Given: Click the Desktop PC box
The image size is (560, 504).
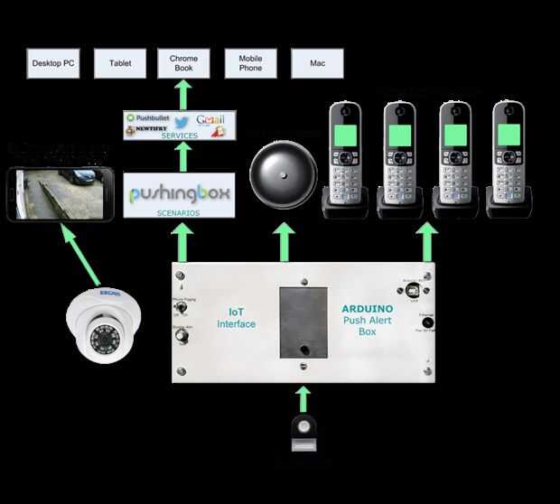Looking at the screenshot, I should (x=53, y=63).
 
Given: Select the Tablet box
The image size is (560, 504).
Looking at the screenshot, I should (x=120, y=63).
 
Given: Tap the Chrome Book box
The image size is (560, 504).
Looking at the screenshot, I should (x=183, y=63).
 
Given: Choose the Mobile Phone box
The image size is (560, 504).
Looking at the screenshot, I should (x=250, y=63).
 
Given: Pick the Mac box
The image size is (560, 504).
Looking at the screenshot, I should (x=317, y=63).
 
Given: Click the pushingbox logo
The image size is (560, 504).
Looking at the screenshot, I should (x=179, y=193).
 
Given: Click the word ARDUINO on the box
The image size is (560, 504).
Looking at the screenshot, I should (x=372, y=309).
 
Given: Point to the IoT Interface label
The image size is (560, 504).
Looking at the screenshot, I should (x=236, y=317).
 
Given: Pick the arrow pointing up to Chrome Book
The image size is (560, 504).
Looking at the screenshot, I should (x=183, y=94).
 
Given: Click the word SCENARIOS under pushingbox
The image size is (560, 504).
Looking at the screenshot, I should (x=178, y=213).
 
